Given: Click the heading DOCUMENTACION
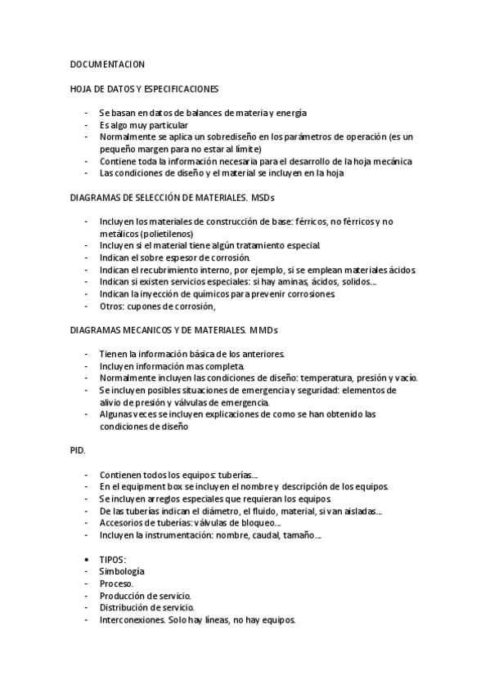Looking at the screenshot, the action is [x=107, y=63].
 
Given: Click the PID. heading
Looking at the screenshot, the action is [x=78, y=450].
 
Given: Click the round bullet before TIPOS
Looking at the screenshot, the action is [x=87, y=560].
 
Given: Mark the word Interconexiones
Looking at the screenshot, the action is [x=133, y=619].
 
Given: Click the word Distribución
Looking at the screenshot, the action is [x=127, y=608].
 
